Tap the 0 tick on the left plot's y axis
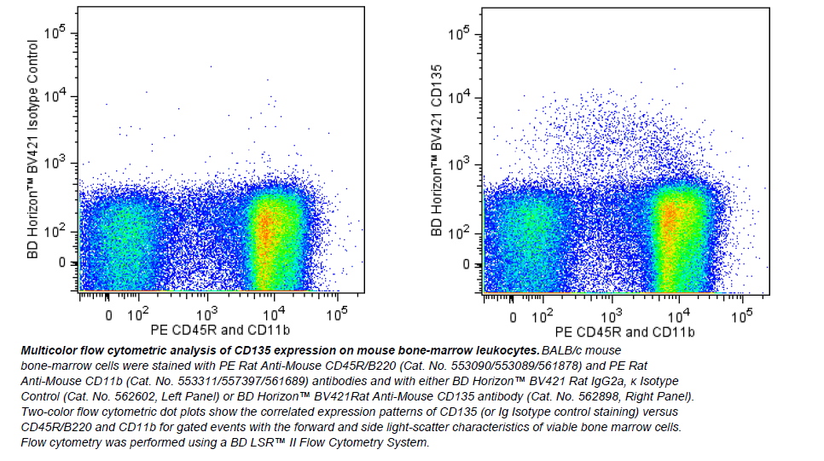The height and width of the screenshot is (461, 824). coord(62,263)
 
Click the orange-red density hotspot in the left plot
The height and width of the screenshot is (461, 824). coord(266,226)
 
